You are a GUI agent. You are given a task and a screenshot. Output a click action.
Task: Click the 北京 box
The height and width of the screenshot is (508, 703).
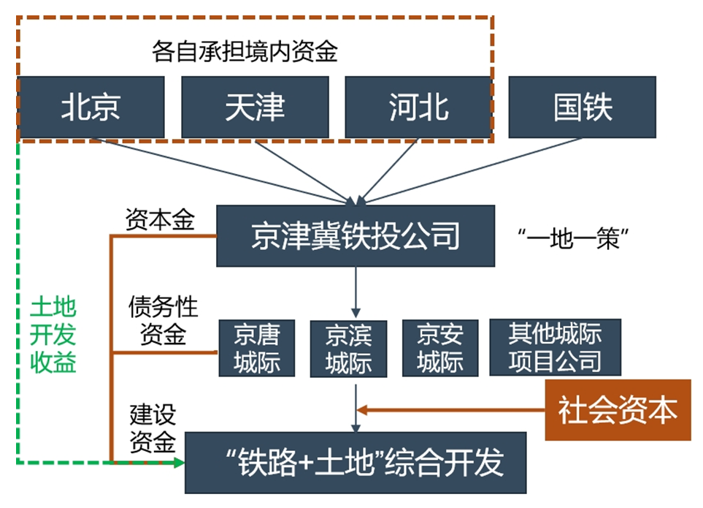pyautogui.click(x=91, y=107)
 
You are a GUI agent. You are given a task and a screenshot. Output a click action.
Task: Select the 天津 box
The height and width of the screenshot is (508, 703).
pyautogui.click(x=255, y=107)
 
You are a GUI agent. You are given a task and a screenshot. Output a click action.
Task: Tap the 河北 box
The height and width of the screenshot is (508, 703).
pyautogui.click(x=418, y=107)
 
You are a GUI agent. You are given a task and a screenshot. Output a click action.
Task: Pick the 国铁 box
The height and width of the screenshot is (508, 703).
pyautogui.click(x=583, y=107)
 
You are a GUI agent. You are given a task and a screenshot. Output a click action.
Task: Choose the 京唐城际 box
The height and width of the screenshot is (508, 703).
pyautogui.click(x=257, y=348)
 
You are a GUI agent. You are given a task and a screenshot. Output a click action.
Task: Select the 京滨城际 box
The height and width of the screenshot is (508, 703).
pyautogui.click(x=348, y=349)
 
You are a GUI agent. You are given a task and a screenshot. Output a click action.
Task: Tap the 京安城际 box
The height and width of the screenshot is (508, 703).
pyautogui.click(x=439, y=348)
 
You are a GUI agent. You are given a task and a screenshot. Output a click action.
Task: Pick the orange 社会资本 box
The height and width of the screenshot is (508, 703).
pyautogui.click(x=618, y=410)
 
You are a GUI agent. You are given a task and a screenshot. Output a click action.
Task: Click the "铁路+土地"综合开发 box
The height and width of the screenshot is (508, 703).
pyautogui.click(x=356, y=463)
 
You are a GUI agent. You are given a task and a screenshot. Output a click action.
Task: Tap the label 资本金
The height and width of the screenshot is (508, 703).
pyautogui.click(x=159, y=219)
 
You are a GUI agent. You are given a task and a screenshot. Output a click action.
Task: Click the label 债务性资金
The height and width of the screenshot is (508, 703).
pyautogui.click(x=163, y=319)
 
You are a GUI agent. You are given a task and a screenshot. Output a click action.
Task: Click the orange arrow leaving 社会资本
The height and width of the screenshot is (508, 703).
pyautogui.click(x=453, y=410)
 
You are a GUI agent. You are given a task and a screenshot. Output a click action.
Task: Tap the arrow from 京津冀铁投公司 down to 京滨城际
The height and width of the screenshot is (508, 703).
pyautogui.click(x=356, y=292)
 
